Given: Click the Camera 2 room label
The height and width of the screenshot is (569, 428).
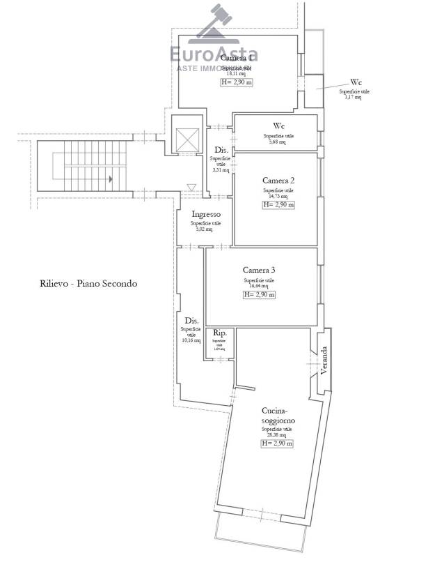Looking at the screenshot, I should [278, 181].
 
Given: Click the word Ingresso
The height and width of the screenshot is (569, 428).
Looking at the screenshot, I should [207, 215].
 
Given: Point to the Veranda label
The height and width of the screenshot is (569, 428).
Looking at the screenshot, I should [323, 358].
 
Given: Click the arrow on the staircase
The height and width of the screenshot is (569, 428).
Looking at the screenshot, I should [110, 179].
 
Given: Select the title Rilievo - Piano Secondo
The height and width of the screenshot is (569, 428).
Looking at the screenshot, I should [88, 284].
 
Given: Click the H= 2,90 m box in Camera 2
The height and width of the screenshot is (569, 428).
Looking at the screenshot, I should [278, 205].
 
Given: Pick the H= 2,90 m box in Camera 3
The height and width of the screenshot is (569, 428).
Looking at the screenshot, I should [259, 295].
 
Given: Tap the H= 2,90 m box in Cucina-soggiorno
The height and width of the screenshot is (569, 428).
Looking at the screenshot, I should [277, 443].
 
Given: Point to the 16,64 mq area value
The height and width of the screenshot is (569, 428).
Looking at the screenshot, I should [259, 285].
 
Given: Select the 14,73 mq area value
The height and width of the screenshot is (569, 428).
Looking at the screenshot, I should [278, 196].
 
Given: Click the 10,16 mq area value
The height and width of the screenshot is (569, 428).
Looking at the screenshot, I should [191, 340].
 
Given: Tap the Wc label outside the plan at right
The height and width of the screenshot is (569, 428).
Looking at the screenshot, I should [356, 82].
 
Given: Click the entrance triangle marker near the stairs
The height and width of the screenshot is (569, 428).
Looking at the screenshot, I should [191, 187].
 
